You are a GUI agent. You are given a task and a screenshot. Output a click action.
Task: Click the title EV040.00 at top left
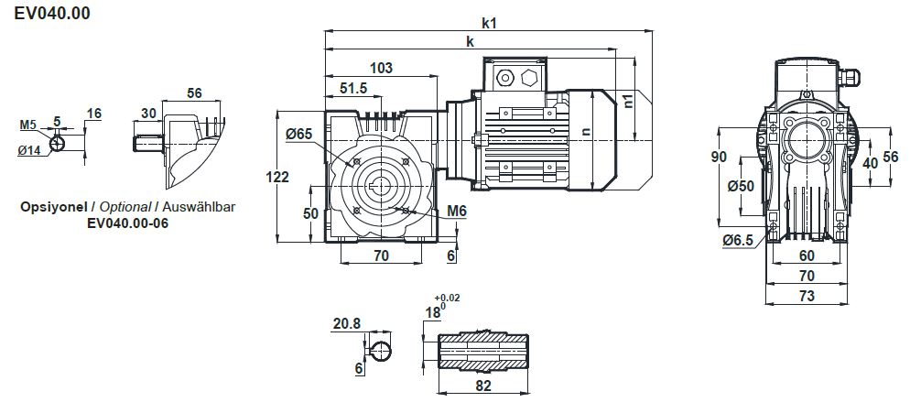[x=51, y=14]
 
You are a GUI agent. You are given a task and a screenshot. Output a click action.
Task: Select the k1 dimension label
[x=488, y=23]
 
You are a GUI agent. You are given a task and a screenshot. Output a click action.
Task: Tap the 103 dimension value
[x=381, y=68]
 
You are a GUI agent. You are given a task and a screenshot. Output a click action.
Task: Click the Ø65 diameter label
[x=298, y=135]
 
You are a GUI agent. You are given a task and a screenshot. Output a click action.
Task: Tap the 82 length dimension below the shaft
[x=484, y=386]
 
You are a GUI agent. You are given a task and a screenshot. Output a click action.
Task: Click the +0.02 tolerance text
[x=449, y=299]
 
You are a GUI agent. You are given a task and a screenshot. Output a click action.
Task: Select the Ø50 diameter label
[x=740, y=186]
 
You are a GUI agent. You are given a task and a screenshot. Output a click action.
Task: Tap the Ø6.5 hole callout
[x=737, y=240]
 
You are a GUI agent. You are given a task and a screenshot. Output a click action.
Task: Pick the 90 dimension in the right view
[x=719, y=158]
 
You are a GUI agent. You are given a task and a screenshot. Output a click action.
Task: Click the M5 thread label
[x=28, y=125]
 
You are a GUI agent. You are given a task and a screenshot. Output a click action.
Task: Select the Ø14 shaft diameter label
[x=29, y=150]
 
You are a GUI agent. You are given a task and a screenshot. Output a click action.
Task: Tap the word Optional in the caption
[x=125, y=207]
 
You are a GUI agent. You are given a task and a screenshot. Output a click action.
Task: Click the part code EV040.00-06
[x=127, y=223]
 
